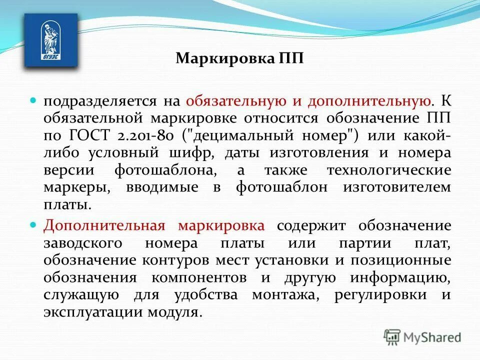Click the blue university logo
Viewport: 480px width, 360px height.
[x=51, y=40]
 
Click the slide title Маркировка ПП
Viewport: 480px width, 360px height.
[x=239, y=58]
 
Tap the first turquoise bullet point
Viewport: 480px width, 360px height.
[x=34, y=100]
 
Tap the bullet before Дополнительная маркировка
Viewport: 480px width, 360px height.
[x=34, y=225]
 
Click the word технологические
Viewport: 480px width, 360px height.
[x=389, y=170]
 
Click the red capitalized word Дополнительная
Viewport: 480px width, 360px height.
[x=104, y=226]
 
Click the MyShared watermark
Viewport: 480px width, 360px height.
[x=422, y=337]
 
